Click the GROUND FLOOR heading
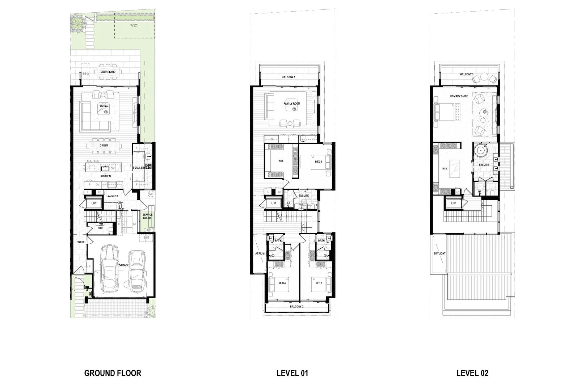[113, 373]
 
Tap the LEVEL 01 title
[292, 373]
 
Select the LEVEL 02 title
[472, 373]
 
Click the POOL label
[134, 26]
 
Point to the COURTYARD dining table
[108, 72]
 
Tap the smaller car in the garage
[136, 271]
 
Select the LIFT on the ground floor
[94, 203]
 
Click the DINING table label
[104, 146]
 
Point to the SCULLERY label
[139, 168]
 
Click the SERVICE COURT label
[147, 216]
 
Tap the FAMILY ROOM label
[292, 104]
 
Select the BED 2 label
[318, 162]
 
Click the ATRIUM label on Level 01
[260, 254]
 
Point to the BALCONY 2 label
[296, 307]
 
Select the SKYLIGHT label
[439, 254]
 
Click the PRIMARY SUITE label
[459, 96]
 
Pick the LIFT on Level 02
[454, 203]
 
